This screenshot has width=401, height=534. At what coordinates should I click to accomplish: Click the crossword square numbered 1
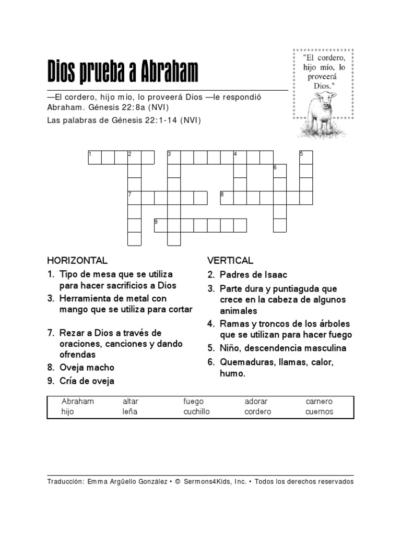coord(95,157)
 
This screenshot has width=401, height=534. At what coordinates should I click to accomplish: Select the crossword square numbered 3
coord(174,157)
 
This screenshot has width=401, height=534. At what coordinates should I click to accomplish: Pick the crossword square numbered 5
coord(306,157)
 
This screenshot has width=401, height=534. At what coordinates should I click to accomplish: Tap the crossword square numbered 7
coord(134,198)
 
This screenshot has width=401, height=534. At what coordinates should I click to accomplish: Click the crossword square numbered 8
coord(227,198)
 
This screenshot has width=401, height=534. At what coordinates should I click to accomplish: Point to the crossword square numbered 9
coord(160,225)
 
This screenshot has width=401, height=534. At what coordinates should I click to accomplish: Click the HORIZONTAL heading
coord(77,260)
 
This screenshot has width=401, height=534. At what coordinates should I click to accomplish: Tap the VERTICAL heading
coord(230,260)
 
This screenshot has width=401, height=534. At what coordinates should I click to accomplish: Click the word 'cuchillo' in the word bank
coord(196,411)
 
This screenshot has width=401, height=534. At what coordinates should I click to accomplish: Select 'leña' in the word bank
coord(131,411)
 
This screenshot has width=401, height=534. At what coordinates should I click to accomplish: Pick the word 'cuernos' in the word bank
coord(319,411)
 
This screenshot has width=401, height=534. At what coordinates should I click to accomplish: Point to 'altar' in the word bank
coord(131,402)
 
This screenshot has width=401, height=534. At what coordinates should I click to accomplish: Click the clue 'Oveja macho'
coord(87,367)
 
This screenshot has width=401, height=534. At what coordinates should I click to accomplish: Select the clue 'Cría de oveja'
coord(87,381)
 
